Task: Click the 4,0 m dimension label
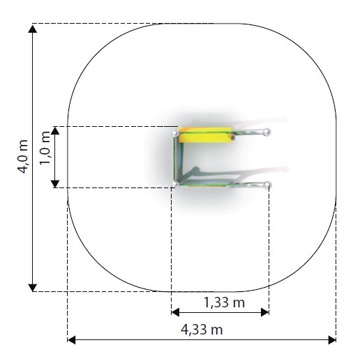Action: point(24,157)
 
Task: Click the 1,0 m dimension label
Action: point(45,148)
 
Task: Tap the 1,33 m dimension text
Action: point(224,302)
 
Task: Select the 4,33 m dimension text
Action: point(202,330)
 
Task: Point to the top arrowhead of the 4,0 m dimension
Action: point(33,29)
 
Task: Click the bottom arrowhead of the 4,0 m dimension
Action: point(33,288)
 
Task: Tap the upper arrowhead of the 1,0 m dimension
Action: point(55,131)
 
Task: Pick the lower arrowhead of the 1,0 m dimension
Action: point(55,184)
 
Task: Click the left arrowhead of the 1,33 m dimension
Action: point(175,312)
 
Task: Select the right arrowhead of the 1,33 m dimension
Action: point(265,312)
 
